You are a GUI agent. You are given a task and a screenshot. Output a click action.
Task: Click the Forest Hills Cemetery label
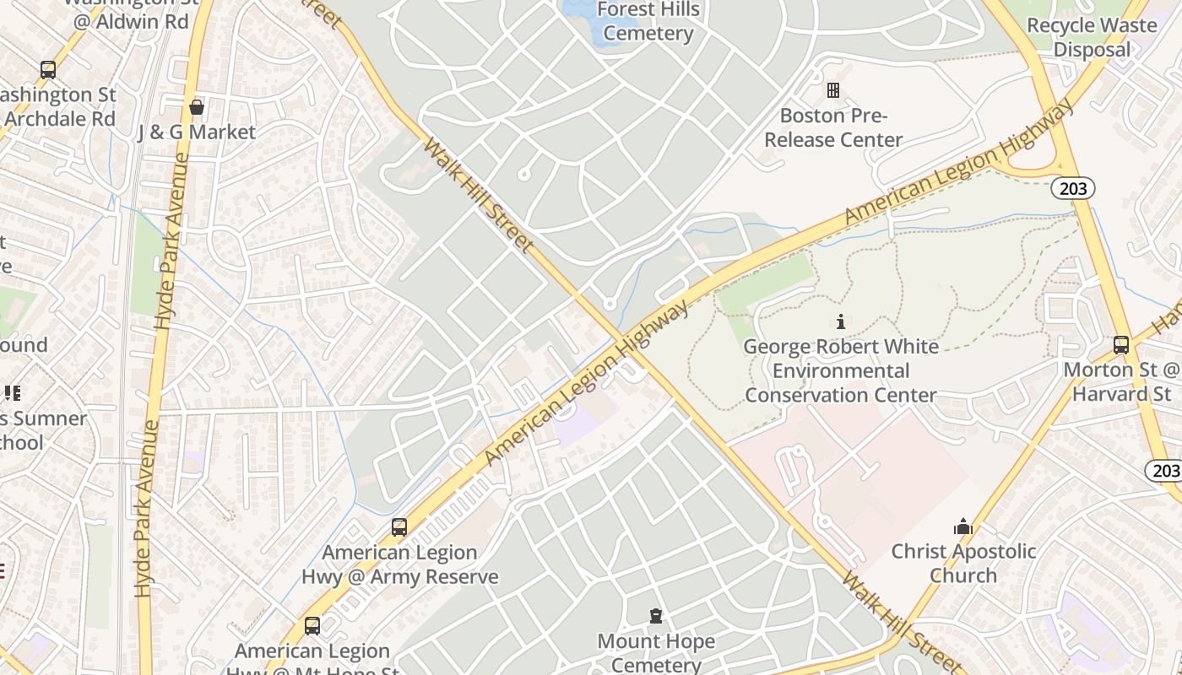[648, 22]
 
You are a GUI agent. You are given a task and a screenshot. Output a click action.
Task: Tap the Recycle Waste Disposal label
[1091, 37]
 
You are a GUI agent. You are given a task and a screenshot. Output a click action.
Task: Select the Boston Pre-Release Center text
[833, 127]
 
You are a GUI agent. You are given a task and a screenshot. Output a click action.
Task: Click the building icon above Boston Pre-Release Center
[833, 89]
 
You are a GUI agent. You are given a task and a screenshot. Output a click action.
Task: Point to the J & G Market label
[196, 132]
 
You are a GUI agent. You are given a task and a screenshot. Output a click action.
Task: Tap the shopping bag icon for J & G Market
[197, 107]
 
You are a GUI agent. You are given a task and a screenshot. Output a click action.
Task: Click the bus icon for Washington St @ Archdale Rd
[48, 69]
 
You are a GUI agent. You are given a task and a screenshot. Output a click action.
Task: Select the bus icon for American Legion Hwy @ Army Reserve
[399, 527]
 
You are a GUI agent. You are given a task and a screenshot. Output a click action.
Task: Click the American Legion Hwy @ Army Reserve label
[399, 564]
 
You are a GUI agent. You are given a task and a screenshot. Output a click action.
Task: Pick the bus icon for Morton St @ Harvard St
[1121, 344]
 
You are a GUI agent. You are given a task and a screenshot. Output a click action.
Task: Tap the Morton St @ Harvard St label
[1121, 381]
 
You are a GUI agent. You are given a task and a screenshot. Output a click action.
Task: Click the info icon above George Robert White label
[840, 321]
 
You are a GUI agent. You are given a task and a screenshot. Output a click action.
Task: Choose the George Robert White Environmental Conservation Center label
[840, 370]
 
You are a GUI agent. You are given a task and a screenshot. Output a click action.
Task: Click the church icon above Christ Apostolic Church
[963, 527]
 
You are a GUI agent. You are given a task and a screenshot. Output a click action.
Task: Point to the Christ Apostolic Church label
[963, 564]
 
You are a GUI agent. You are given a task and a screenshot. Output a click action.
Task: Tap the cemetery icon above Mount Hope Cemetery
[656, 617]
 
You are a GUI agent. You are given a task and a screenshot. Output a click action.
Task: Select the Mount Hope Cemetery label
[656, 652]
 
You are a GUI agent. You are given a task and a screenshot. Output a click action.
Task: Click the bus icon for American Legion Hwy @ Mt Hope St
[312, 626]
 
